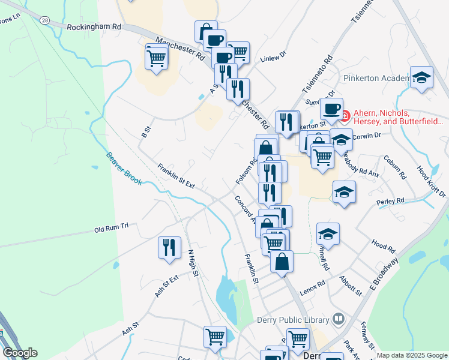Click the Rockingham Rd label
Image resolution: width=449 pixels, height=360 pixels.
(94, 27)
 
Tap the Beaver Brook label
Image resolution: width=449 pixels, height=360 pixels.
(124, 167)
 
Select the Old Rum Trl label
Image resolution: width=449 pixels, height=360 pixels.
(112, 229)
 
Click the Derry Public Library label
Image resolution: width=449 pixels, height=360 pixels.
(292, 320)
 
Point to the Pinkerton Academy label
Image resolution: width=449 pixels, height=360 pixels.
(375, 78)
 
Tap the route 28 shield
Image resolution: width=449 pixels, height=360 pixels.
(44, 20)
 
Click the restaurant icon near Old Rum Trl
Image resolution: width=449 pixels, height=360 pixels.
(169, 247)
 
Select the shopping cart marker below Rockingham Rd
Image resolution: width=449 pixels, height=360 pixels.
(157, 58)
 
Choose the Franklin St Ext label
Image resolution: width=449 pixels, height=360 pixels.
(176, 176)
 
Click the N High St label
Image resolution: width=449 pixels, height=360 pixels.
(193, 263)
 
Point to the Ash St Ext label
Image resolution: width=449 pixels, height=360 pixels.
(166, 285)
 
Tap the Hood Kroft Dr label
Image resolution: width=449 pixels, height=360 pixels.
(431, 182)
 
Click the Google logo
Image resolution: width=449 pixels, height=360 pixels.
(20, 353)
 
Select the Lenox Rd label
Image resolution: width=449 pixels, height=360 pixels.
(312, 283)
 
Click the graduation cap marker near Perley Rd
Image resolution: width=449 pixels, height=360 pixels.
(345, 192)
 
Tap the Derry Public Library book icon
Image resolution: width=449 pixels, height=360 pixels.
(338, 319)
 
